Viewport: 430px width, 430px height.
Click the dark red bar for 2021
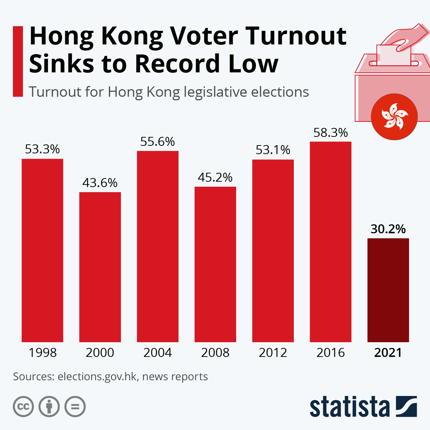coord(388,290)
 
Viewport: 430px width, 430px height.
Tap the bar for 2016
coord(330,242)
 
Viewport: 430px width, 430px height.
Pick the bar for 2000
coord(100,267)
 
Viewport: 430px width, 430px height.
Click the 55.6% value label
coord(158,142)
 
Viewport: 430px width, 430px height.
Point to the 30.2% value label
coord(388,229)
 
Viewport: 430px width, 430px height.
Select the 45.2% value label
coord(215,177)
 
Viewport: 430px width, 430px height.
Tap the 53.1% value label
coord(273,150)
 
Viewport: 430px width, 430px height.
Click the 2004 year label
coord(158,353)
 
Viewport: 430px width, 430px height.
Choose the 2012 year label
coord(273,353)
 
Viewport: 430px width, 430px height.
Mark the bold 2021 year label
coord(388,353)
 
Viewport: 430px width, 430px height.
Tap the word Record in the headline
coord(177,64)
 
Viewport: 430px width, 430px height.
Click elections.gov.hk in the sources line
coord(97,377)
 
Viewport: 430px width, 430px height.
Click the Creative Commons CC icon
coord(23,407)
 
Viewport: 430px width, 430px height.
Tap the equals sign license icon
coord(75,407)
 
